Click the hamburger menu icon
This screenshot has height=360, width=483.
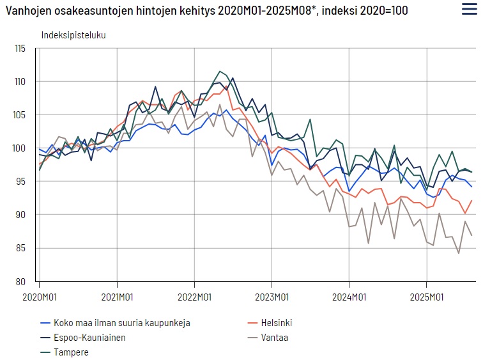point(468,9)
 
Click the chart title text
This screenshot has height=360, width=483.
point(206,11)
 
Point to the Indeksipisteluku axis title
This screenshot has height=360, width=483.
point(73,35)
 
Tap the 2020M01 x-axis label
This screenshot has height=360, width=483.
point(40,297)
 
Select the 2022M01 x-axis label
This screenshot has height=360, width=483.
point(195,297)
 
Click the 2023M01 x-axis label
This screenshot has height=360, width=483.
point(272,297)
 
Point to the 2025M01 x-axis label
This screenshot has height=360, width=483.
point(427,297)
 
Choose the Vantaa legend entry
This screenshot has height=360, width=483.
point(275,338)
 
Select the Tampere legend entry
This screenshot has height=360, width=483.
point(72,352)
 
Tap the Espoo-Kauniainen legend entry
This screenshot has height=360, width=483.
point(89,338)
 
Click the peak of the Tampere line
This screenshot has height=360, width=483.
point(220,72)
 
